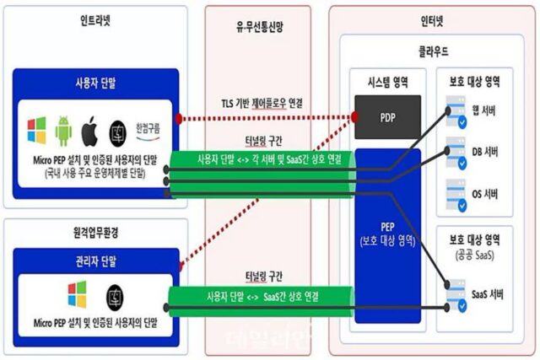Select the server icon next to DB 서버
[x=456, y=155]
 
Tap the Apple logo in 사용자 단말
[x=91, y=131]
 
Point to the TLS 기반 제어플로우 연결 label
[x=261, y=104]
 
